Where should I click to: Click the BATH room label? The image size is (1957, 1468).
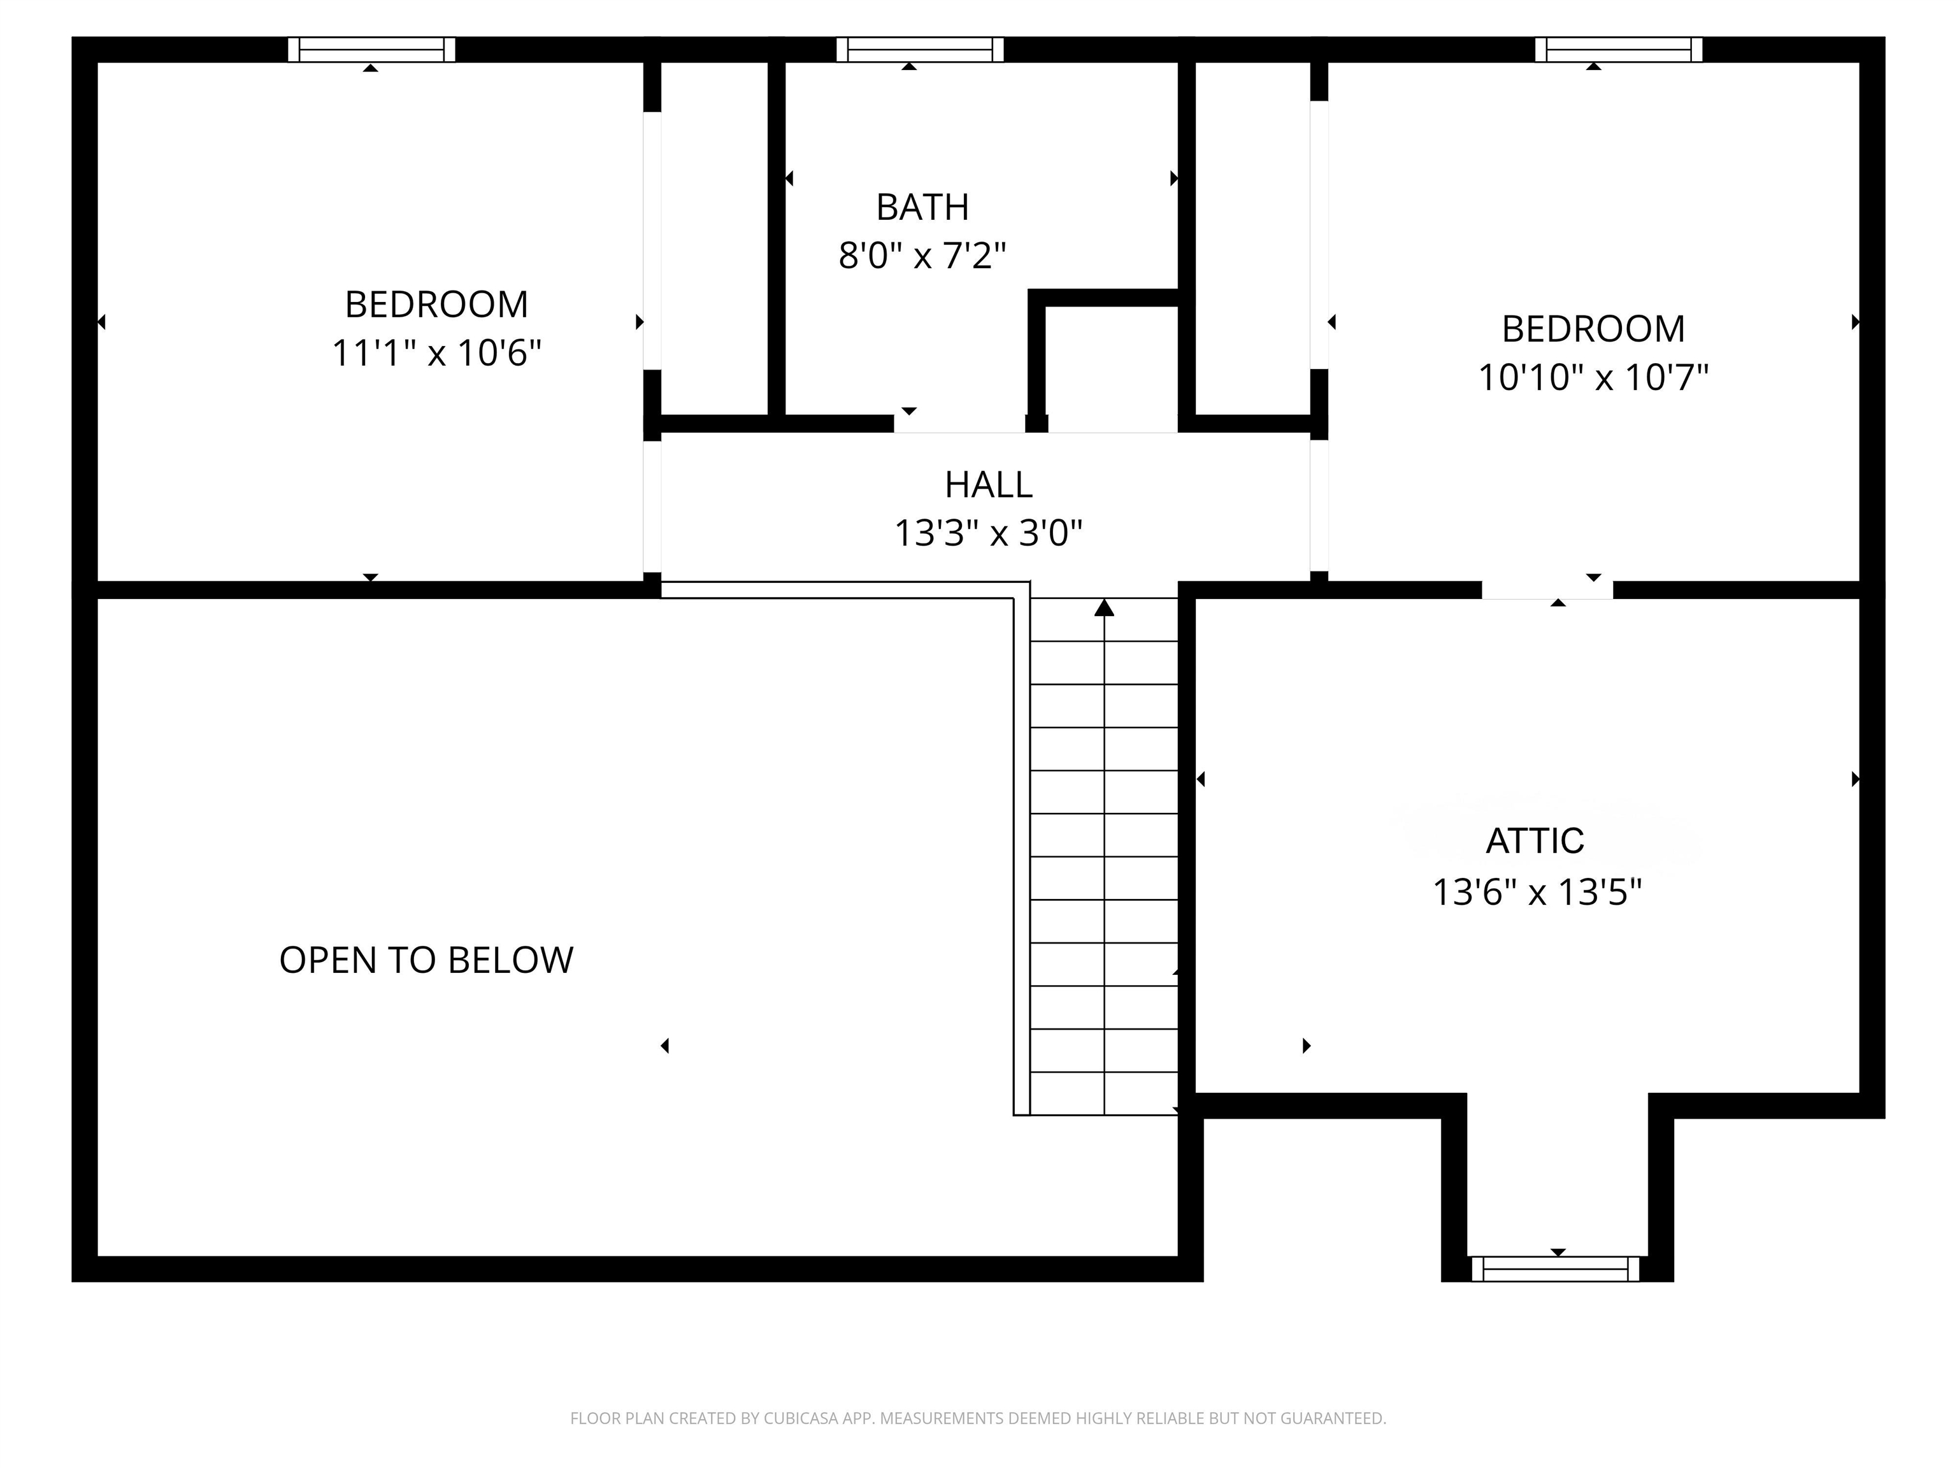(922, 207)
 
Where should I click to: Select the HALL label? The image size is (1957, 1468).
(988, 485)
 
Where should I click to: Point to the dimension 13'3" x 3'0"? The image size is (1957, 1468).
(988, 533)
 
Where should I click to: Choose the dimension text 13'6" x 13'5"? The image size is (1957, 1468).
(1537, 892)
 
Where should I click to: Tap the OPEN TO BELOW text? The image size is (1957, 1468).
(426, 960)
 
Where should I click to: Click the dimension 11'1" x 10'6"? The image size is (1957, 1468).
(436, 353)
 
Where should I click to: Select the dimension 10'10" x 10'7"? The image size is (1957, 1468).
(1593, 378)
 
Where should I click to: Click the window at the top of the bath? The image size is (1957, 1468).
(920, 50)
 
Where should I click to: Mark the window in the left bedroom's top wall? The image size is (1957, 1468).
(371, 50)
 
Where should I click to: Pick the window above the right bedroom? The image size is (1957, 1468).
(1618, 50)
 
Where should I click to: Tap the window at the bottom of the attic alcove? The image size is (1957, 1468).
(1555, 1269)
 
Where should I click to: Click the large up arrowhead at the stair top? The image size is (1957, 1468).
(1104, 608)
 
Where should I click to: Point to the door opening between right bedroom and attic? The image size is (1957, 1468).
(1547, 590)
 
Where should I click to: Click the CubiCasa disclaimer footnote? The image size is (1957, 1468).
(978, 1418)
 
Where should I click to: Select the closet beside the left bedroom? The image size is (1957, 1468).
(714, 239)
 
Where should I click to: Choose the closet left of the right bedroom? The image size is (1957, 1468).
(1252, 239)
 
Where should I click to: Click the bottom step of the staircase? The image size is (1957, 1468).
(1104, 1094)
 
